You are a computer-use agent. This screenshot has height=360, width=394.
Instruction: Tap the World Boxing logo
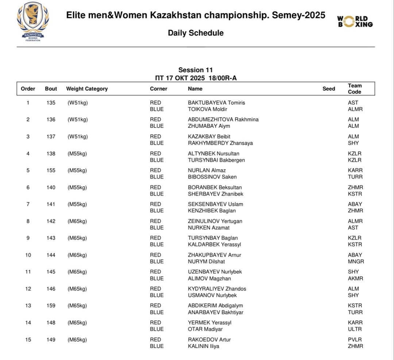pyautogui.click(x=355, y=21)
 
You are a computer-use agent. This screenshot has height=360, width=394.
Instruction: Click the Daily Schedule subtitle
pyautogui.click(x=196, y=33)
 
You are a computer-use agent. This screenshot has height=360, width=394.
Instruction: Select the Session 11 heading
pyautogui.click(x=196, y=70)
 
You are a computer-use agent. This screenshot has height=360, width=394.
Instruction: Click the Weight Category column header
pyautogui.click(x=87, y=89)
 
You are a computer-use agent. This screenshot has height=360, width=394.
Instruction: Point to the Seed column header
pyautogui.click(x=329, y=89)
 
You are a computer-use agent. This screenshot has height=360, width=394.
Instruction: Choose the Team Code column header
pyautogui.click(x=355, y=89)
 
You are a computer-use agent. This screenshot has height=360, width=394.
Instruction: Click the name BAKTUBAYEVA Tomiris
pyautogui.click(x=216, y=103)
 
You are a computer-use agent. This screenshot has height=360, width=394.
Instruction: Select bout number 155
pyautogui.click(x=51, y=170)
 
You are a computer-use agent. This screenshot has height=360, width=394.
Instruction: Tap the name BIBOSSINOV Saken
pyautogui.click(x=212, y=177)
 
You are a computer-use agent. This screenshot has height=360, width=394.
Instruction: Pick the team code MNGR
pyautogui.click(x=356, y=261)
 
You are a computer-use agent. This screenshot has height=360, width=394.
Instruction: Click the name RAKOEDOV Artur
pyautogui.click(x=209, y=340)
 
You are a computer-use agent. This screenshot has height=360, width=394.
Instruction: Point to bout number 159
pyautogui.click(x=51, y=305)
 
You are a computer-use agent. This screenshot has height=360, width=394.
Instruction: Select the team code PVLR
pyautogui.click(x=355, y=340)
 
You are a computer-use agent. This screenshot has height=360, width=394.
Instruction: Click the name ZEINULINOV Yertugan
pyautogui.click(x=215, y=221)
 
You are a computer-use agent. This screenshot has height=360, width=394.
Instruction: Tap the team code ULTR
pyautogui.click(x=355, y=329)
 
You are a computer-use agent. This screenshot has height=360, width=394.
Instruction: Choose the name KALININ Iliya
pyautogui.click(x=204, y=346)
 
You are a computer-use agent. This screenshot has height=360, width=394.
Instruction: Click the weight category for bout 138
pyautogui.click(x=77, y=153)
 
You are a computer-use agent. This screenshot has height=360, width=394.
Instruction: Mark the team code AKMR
pyautogui.click(x=355, y=278)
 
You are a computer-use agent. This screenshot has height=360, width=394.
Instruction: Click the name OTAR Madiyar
pyautogui.click(x=205, y=329)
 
